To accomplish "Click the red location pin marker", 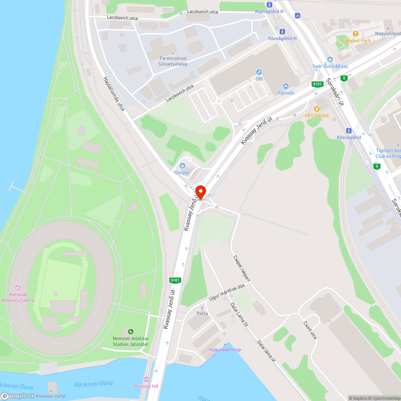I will (x=200, y=192).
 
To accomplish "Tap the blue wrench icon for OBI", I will (x=259, y=72).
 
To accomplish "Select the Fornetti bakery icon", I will (x=286, y=86).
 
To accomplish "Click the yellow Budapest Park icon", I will (x=355, y=34).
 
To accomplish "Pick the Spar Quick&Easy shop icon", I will (x=330, y=59).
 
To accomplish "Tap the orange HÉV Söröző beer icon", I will (x=317, y=109).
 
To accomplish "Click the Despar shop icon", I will (x=182, y=166).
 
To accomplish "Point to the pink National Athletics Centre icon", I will (x=17, y=288).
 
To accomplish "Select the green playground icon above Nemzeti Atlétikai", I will (x=131, y=332).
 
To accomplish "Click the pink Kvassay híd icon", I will (x=146, y=379).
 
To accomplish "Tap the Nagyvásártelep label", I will (x=225, y=350).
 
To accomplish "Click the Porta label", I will (x=202, y=314).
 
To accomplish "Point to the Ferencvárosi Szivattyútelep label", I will (x=173, y=61).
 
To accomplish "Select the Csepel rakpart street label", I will (x=242, y=267).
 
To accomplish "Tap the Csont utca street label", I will (x=310, y=330).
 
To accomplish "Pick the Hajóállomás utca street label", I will (x=114, y=93).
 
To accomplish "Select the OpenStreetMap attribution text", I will (x=385, y=398).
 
